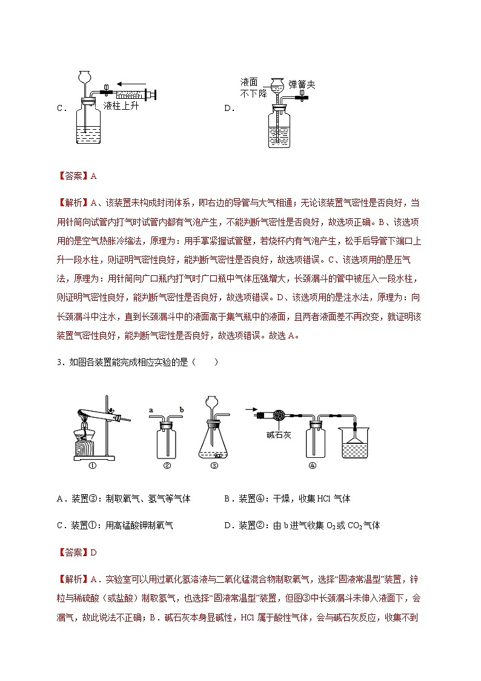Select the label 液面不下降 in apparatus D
pyautogui.click(x=249, y=87)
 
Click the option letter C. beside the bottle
pyautogui.click(x=61, y=109)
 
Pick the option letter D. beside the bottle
pyautogui.click(x=229, y=109)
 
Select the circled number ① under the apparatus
pyautogui.click(x=93, y=466)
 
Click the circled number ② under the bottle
pyautogui.click(x=167, y=466)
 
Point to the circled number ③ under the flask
pyautogui.click(x=214, y=466)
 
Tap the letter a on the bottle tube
pyautogui.click(x=150, y=411)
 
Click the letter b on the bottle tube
pyautogui.click(x=182, y=411)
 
